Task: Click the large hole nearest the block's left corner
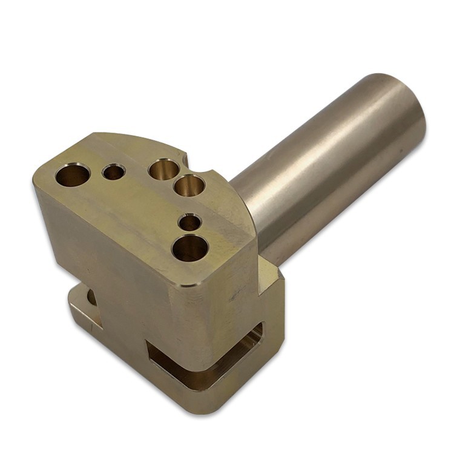[x=73, y=175]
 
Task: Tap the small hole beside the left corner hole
[x=114, y=173]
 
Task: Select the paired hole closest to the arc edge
[x=163, y=169]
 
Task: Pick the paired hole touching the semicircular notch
[x=189, y=185]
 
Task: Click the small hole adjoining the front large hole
[x=190, y=223]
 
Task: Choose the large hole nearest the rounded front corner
[x=190, y=248]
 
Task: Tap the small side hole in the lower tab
[x=91, y=297]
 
